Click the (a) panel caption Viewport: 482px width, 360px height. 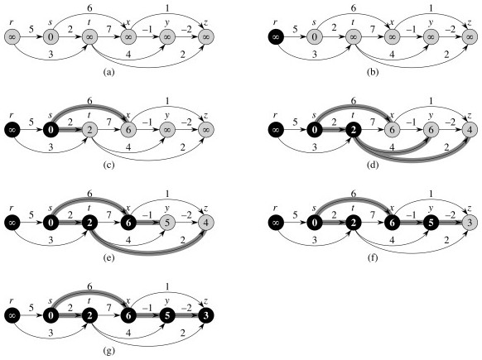[x=109, y=73]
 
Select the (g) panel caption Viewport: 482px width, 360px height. [x=109, y=350]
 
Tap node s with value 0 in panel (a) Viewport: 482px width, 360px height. [x=51, y=37]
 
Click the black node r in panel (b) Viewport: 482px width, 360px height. [x=276, y=37]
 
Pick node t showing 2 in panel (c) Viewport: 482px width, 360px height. [x=89, y=130]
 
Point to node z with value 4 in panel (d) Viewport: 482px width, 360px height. [x=469, y=130]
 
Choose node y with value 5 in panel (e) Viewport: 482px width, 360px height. [x=167, y=223]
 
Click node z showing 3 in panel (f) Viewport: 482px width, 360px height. [x=469, y=223]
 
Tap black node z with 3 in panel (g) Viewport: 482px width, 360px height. [x=205, y=315]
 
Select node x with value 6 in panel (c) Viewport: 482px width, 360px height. [x=128, y=130]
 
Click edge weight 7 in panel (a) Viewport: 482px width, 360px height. [x=108, y=30]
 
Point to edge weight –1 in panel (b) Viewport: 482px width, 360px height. [x=412, y=30]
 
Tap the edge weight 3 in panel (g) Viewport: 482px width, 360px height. [x=51, y=333]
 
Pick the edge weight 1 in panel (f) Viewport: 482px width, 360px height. [x=431, y=194]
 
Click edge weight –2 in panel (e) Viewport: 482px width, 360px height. [x=186, y=214]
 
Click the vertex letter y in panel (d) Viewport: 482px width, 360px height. [x=431, y=115]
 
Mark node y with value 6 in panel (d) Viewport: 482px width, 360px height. [x=431, y=130]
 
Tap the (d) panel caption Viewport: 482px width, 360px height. [x=373, y=166]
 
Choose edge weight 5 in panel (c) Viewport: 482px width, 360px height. [x=31, y=122]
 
